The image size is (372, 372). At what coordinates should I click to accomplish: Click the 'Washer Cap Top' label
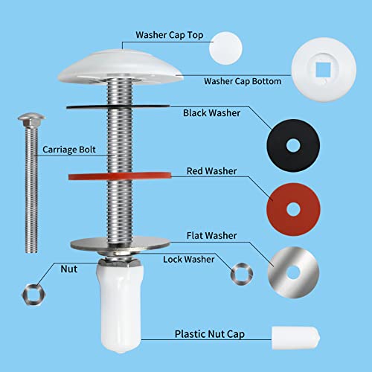coord(169,34)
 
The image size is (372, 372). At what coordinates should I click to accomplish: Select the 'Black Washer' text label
coord(212,114)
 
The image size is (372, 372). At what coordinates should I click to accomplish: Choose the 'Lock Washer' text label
coord(189,259)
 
